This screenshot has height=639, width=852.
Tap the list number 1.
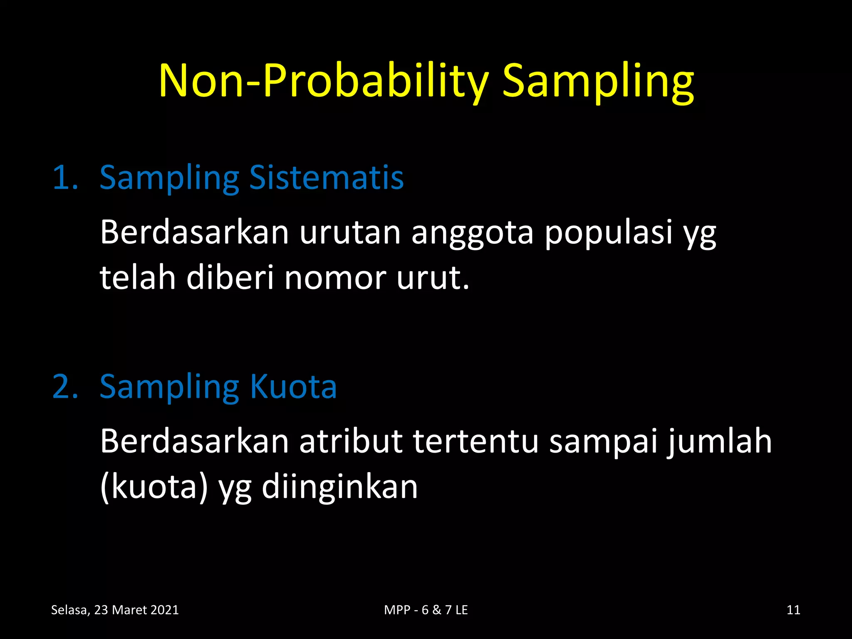[65, 178]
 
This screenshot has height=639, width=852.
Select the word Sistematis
[326, 178]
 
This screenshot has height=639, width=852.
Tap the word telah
[138, 277]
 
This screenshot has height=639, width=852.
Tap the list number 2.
[65, 387]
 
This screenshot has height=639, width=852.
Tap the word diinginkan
[339, 488]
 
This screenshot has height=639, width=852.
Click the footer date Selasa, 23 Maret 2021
[115, 610]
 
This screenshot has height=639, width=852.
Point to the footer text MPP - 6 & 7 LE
[426, 610]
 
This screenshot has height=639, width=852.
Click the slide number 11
[793, 610]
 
